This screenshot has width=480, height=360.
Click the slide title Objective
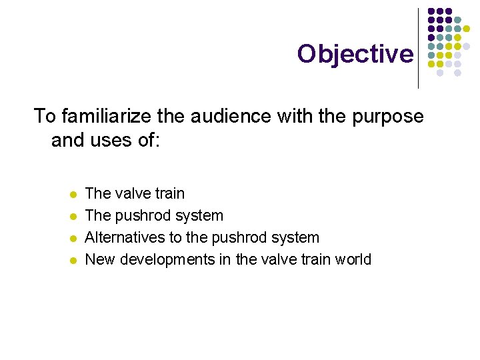pos(355,53)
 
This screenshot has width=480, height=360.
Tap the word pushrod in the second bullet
pos(141,216)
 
